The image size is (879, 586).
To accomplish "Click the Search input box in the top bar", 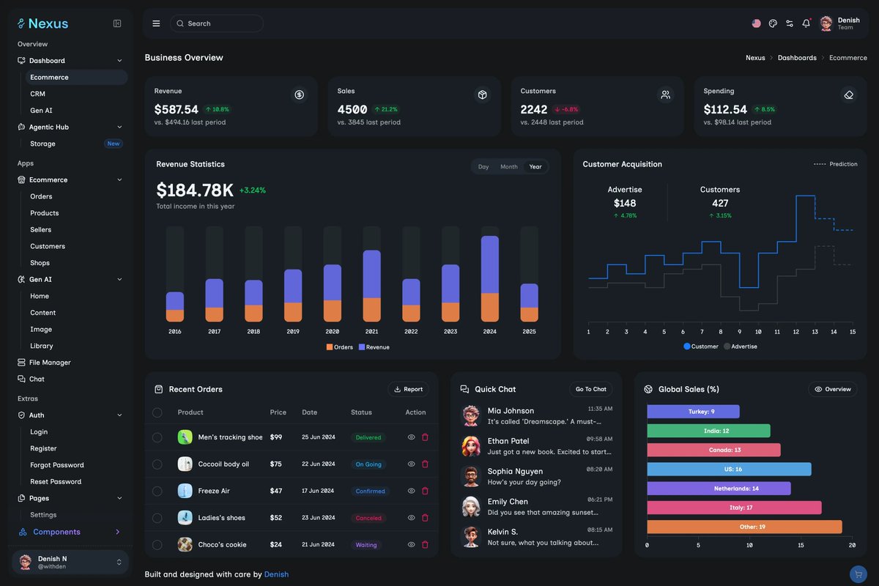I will (217, 23).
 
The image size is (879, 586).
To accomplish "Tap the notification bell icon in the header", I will (806, 23).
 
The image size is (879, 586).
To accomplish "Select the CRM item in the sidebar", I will (37, 94).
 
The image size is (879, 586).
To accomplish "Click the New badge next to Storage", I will (113, 144).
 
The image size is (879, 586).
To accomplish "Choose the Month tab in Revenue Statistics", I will (508, 167).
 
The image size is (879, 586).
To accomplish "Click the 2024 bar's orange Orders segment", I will (489, 307).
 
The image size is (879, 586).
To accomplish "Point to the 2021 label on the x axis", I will (371, 332).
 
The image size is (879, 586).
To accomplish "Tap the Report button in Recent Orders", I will (408, 389).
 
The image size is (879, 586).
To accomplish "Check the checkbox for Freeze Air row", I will (157, 491).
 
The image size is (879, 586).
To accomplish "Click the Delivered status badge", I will (368, 437).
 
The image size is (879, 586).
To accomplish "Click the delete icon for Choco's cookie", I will (425, 544).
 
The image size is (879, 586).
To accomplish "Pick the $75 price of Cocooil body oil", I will (275, 464).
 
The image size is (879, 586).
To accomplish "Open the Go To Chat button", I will (590, 389).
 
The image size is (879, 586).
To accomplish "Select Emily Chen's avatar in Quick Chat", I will (470, 506).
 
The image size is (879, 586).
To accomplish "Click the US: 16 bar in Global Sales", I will (729, 469).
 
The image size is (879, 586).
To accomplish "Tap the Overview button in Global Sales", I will (833, 389).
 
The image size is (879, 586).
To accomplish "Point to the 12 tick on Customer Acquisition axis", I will (795, 332).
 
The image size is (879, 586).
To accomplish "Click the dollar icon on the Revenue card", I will (299, 94).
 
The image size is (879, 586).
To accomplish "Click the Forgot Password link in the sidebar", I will (56, 465).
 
